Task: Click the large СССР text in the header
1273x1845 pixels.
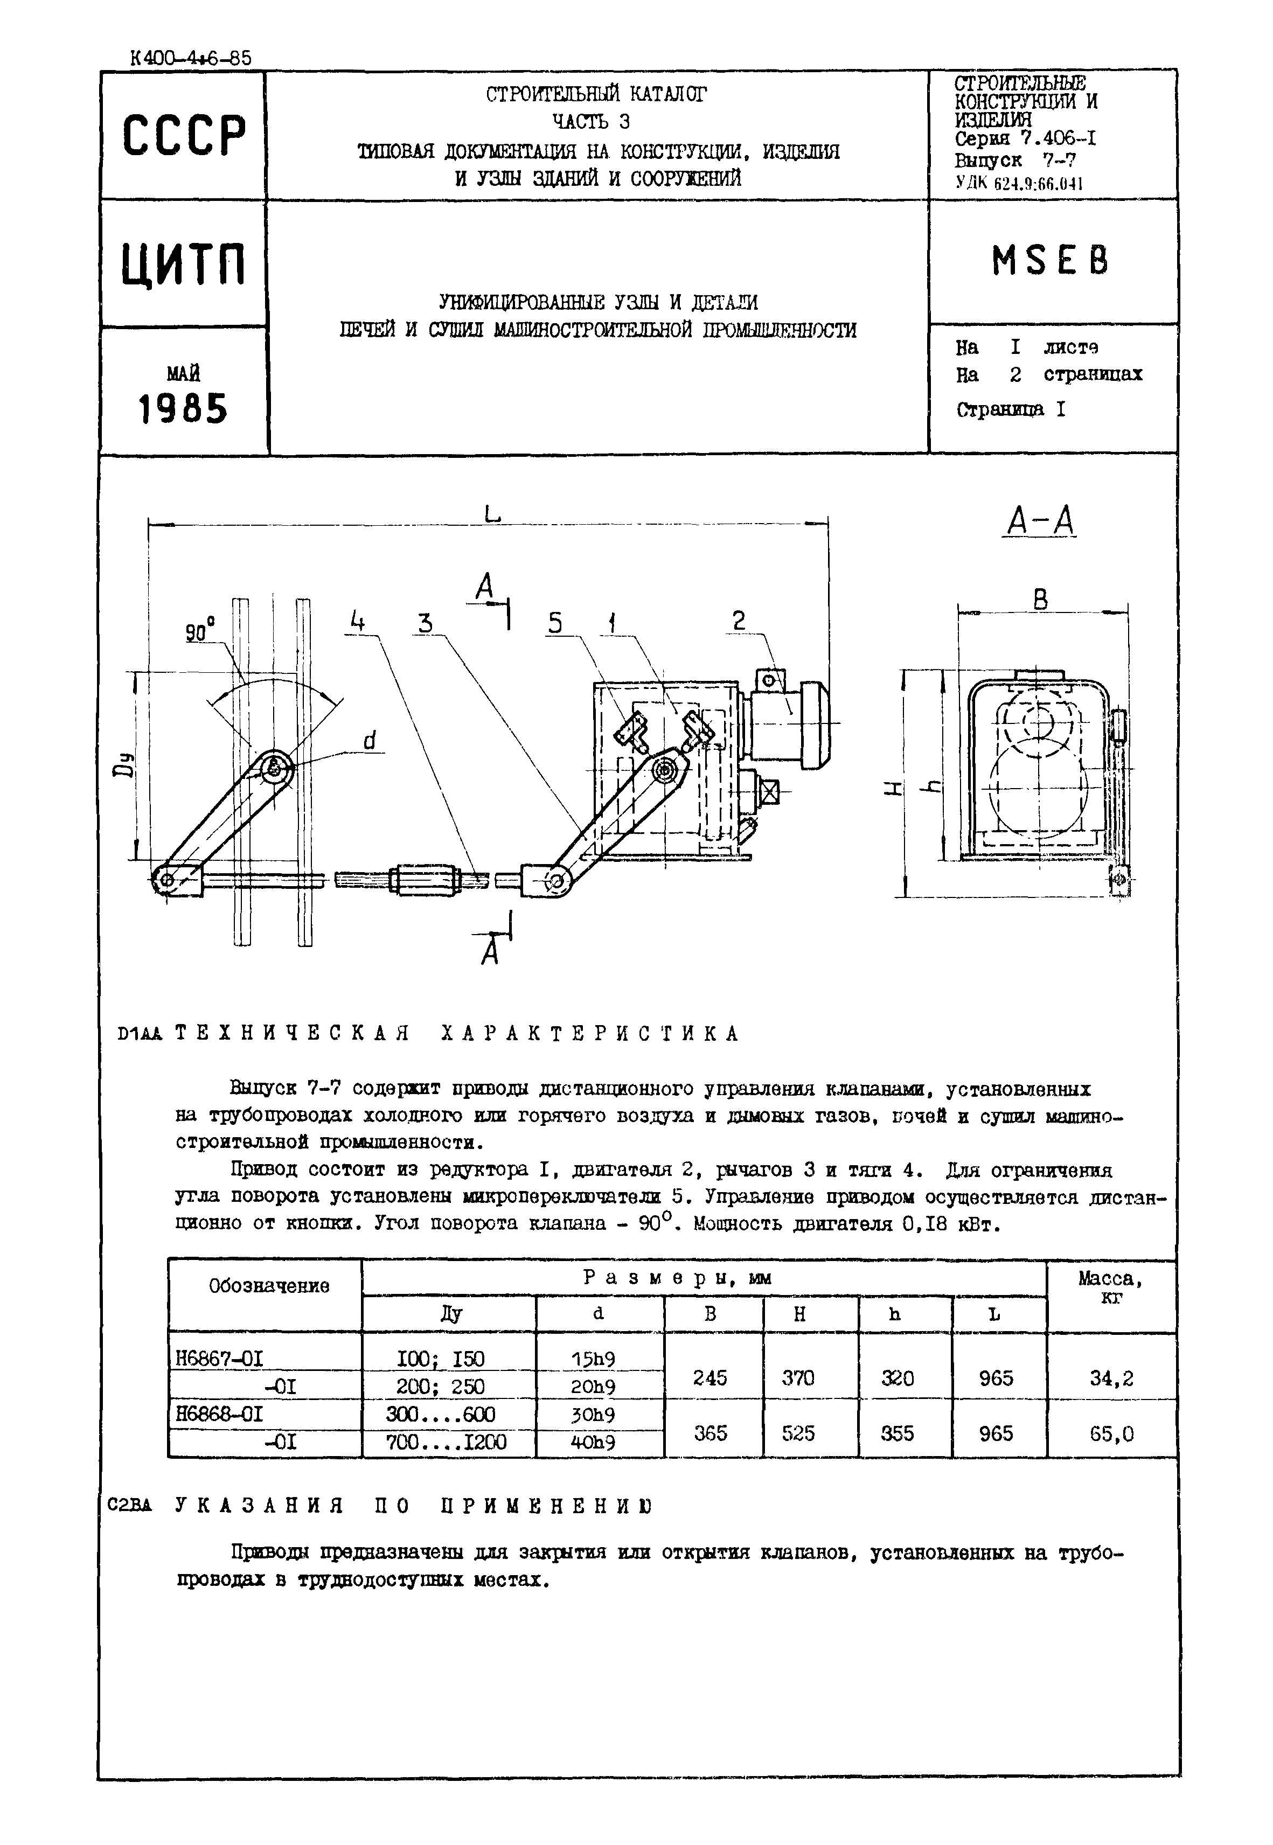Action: [184, 136]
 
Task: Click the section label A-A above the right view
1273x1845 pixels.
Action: [1041, 522]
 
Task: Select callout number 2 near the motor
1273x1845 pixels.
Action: [739, 621]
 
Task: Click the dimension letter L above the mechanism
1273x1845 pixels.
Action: [492, 514]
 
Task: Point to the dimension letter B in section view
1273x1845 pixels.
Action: [1040, 600]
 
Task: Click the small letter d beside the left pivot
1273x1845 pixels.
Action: [370, 742]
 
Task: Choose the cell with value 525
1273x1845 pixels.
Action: [798, 1433]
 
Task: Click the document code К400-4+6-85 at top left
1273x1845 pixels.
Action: [190, 58]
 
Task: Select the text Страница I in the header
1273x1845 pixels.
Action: [1010, 410]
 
